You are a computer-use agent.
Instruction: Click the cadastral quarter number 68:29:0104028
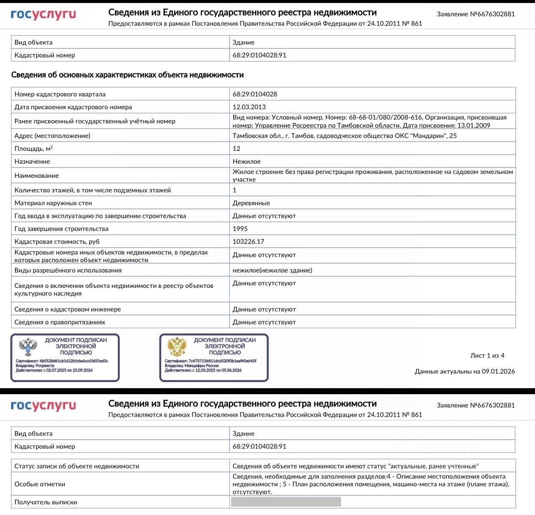255,94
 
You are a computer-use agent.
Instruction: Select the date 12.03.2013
249,107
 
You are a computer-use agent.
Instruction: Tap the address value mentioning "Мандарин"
344,136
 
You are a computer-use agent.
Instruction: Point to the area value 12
237,149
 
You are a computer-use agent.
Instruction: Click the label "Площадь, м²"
33,149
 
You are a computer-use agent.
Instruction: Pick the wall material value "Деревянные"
251,203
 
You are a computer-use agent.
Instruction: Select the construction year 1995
240,229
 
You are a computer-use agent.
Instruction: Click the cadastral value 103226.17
248,242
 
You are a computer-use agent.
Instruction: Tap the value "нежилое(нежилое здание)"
272,270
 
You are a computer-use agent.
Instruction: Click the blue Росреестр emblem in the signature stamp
28,347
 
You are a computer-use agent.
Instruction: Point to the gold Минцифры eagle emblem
177,347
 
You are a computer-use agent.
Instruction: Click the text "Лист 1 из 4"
487,356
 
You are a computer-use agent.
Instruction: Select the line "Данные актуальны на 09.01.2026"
465,371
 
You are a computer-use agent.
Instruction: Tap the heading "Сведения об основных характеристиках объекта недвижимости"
127,75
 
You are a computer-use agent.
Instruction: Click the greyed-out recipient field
286,502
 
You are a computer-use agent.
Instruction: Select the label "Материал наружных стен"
53,203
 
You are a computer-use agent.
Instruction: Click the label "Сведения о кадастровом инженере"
68,309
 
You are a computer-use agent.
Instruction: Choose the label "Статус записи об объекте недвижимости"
77,466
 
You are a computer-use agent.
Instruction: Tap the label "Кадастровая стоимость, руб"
57,242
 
